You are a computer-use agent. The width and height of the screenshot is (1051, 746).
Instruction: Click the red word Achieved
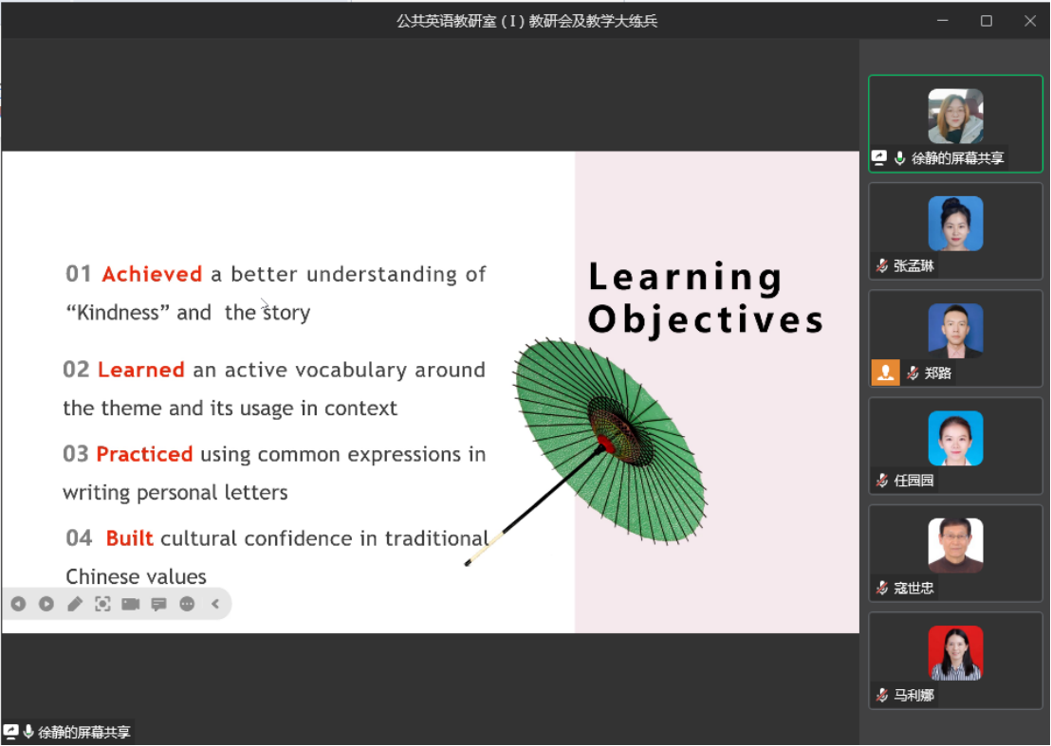(152, 274)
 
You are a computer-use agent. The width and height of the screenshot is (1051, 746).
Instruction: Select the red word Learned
(140, 370)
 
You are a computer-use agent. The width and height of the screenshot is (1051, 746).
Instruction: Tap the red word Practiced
(144, 454)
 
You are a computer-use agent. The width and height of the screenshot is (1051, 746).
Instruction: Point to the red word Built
(129, 538)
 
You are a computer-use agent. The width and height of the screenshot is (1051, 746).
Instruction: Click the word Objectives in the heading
(706, 320)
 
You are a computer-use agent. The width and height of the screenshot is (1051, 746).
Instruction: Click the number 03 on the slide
(76, 454)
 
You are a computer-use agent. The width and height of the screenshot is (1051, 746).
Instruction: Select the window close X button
(1030, 21)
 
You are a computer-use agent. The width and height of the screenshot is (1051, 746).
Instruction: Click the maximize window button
(986, 21)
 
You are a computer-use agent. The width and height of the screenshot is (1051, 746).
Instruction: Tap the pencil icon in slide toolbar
(74, 604)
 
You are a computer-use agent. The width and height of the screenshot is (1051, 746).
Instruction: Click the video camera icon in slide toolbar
(131, 604)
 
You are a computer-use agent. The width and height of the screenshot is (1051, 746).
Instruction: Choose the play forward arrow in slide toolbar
(46, 604)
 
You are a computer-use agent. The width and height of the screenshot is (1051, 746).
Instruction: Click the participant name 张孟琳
(913, 265)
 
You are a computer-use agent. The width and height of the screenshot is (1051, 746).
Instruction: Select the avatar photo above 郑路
(955, 330)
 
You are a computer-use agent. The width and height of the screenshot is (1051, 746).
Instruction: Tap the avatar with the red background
(955, 653)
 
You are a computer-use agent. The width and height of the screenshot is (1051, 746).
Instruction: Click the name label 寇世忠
(913, 588)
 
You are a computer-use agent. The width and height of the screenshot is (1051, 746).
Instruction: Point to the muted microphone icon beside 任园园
(882, 481)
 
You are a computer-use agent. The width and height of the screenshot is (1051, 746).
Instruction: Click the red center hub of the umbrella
(605, 444)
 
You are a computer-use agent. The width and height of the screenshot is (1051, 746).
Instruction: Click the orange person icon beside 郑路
(885, 373)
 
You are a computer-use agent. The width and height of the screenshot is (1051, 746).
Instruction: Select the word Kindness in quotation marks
(118, 313)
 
